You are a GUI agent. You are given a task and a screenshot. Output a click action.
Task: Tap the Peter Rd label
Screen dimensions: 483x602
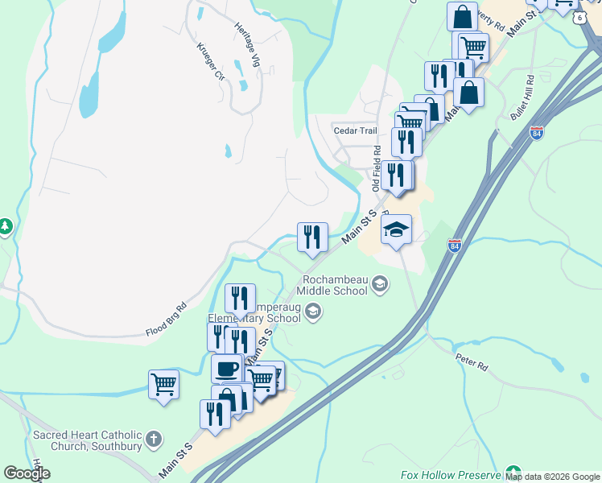click(472, 365)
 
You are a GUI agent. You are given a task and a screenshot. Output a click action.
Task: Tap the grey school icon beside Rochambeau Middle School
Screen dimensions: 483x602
click(381, 283)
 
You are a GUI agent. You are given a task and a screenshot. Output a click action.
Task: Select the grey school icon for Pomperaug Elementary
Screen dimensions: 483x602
click(314, 312)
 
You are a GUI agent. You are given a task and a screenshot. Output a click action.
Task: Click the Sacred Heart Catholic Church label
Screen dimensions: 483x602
click(87, 440)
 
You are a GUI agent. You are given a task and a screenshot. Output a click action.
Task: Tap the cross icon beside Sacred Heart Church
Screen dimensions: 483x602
click(155, 440)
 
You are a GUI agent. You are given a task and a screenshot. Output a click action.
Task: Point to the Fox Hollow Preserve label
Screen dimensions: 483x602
click(450, 475)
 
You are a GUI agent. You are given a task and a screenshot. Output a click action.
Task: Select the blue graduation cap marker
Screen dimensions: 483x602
click(396, 230)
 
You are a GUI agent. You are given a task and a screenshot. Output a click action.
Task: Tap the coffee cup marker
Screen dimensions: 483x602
click(227, 369)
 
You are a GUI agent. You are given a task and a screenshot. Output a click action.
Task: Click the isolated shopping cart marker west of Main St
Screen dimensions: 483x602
click(163, 384)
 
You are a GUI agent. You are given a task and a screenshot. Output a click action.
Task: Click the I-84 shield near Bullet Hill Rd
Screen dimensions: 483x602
click(537, 133)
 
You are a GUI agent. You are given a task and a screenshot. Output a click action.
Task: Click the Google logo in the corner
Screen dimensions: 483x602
click(27, 473)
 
